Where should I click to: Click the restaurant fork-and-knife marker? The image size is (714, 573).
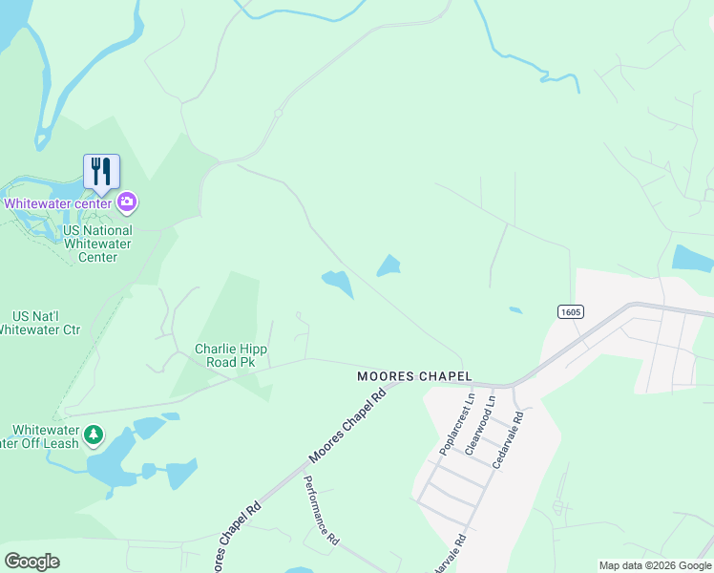coord(101,172)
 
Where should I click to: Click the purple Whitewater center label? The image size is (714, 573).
coord(59,203)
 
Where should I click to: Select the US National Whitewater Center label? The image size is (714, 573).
coord(97,244)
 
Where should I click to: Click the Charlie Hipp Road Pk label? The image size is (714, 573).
coord(231,355)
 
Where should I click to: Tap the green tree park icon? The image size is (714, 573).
coord(94,435)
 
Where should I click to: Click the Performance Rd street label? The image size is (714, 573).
coord(321,511)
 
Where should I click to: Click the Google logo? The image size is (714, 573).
coord(31,562)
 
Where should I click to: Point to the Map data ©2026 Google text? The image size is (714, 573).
coord(656,565)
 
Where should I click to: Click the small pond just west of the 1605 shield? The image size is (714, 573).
coord(515,309)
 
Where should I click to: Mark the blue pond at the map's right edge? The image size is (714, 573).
coord(693,258)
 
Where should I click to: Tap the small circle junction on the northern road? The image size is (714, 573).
coord(278,114)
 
